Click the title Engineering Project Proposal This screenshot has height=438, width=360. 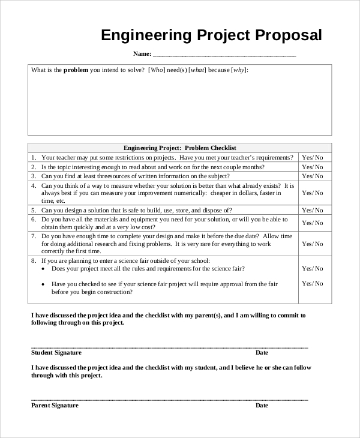tap(211, 35)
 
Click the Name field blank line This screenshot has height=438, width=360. tap(224, 55)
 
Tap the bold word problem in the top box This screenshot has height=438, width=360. tap(76, 70)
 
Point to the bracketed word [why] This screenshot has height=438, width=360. tap(239, 70)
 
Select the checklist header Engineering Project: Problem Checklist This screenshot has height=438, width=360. tap(180, 148)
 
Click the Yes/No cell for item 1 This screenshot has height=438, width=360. tap(312, 157)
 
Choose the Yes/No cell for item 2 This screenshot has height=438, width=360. tap(312, 167)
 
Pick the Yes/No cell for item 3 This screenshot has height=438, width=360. tap(312, 176)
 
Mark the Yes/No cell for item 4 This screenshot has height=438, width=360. tap(312, 193)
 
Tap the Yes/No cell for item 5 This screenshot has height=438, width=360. tap(312, 211)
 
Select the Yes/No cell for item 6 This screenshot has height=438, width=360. tap(312, 223)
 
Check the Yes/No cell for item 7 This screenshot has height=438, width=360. tap(312, 244)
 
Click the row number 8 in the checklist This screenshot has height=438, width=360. tap(34, 261)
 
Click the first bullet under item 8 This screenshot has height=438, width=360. tap(44, 269)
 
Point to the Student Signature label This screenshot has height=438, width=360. tap(56, 353)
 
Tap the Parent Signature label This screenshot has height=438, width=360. tap(55, 406)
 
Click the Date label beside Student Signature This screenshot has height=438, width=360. tap(262, 353)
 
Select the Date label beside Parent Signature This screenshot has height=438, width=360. tap(262, 406)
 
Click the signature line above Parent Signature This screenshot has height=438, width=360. tap(169, 400)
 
